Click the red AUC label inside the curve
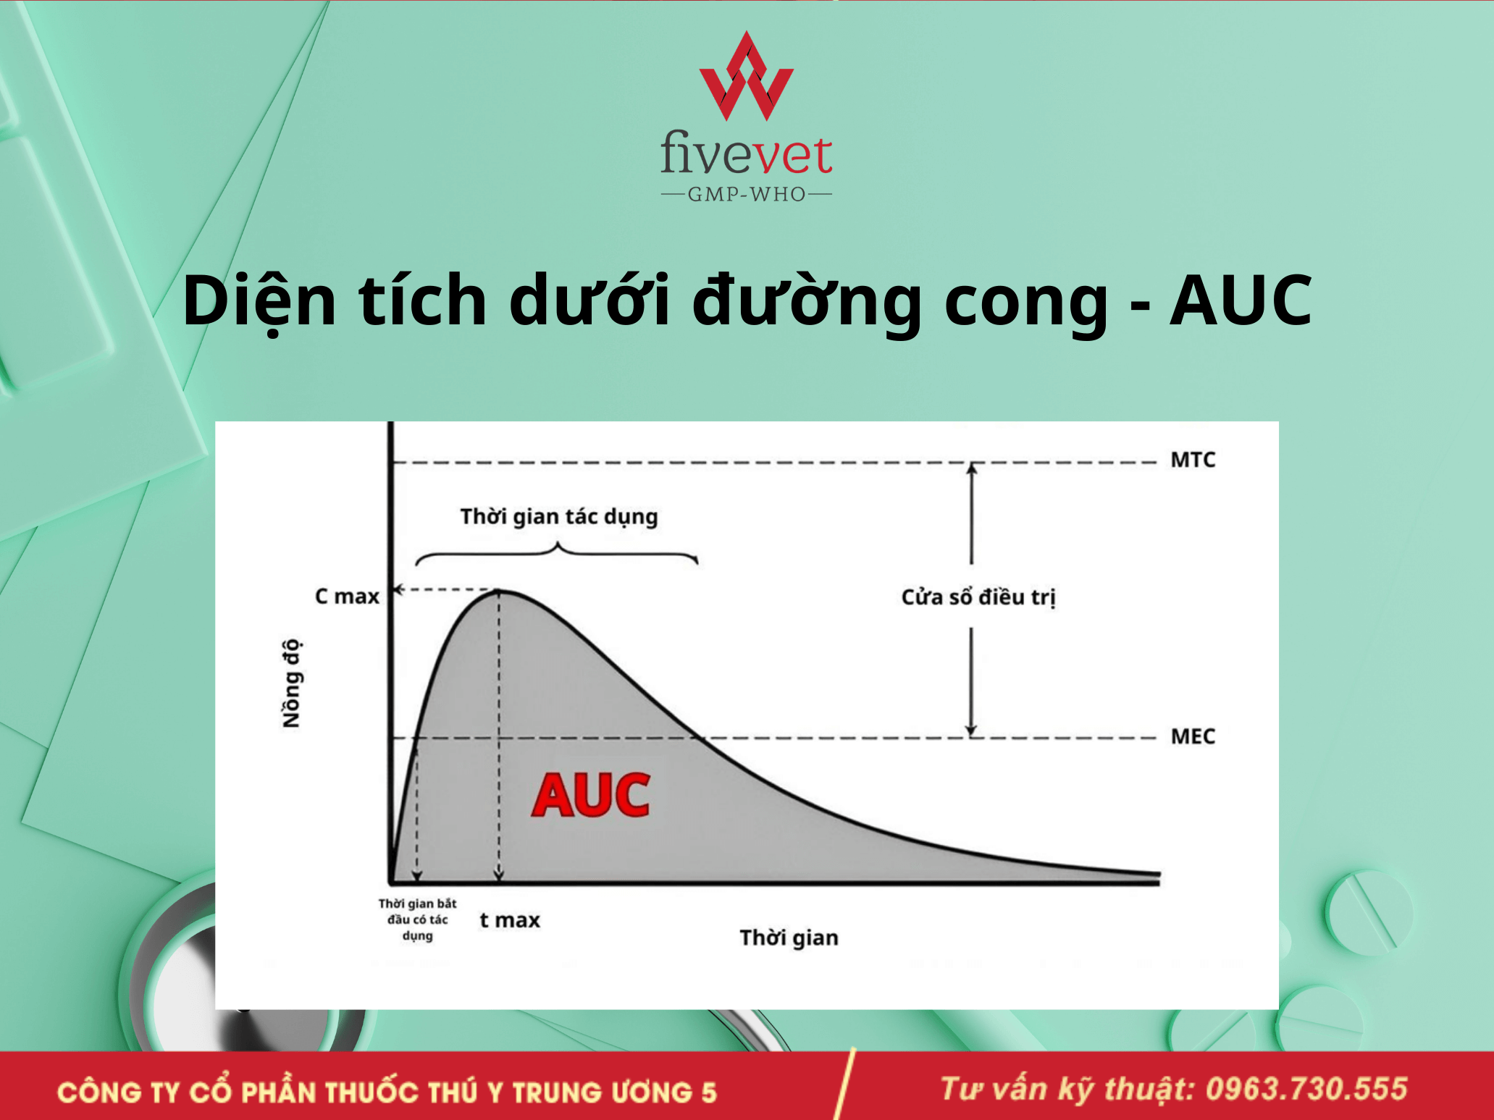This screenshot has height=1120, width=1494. tap(590, 795)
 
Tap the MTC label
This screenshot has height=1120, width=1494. tap(1193, 460)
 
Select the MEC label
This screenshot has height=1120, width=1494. tap(1193, 736)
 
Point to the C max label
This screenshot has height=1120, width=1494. tap(347, 597)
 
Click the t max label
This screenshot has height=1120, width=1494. tap(510, 920)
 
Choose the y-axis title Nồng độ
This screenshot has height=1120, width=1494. tap(291, 683)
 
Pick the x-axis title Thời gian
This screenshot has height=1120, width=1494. tap(789, 938)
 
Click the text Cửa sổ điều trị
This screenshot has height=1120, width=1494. tap(978, 597)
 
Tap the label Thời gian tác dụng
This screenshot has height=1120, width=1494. tap(559, 517)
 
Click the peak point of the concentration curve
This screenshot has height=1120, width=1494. tap(499, 591)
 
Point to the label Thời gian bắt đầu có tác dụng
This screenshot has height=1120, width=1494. tap(418, 919)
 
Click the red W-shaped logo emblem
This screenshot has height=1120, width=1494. tap(746, 76)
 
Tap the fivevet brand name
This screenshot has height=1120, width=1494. tap(746, 153)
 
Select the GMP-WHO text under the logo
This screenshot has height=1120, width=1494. tap(747, 194)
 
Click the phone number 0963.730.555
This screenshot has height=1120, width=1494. tap(1306, 1089)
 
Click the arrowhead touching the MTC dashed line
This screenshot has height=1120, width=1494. tap(972, 468)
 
